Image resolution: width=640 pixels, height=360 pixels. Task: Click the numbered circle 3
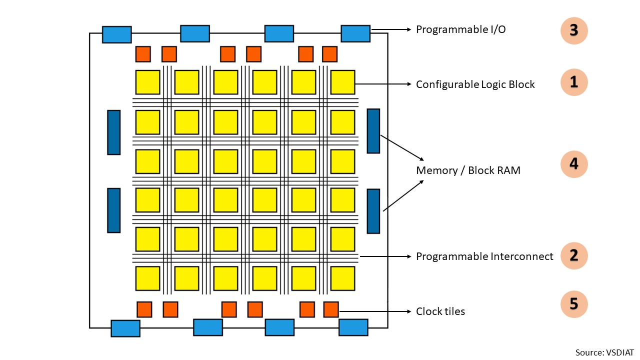point(573,30)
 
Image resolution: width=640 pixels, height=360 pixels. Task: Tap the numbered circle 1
point(573,82)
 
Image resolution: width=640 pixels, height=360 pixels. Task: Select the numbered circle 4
point(573,164)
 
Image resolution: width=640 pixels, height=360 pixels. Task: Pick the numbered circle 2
point(573,255)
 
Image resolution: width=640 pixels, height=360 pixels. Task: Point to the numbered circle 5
point(573,304)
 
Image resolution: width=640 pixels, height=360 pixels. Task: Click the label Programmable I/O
point(460,29)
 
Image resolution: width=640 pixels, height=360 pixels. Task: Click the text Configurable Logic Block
point(475,84)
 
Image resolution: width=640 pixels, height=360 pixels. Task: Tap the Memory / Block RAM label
point(468,170)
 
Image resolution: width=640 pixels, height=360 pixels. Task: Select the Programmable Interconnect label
point(484,256)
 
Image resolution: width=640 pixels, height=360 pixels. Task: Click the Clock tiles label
point(440,311)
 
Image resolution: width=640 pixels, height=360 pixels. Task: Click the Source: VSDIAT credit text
point(604,352)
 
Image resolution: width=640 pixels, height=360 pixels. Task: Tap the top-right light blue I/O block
point(355,33)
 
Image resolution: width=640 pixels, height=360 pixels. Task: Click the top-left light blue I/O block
point(117,34)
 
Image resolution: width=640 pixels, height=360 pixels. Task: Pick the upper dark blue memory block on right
point(373,130)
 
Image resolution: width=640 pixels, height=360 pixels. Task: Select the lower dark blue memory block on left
point(114,210)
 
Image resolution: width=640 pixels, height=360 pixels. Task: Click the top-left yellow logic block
point(147,82)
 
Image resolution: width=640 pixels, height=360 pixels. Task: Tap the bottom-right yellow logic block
point(342,278)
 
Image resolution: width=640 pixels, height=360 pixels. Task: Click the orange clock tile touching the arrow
point(330,309)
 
